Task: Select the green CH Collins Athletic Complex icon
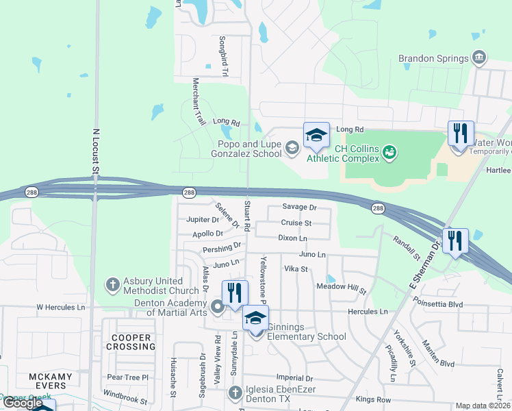[389, 151]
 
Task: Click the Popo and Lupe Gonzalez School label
[249, 149]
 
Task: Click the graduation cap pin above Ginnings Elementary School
[256, 317]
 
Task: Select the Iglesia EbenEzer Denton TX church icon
[235, 393]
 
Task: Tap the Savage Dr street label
[299, 207]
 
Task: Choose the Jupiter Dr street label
[203, 220]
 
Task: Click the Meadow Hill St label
[342, 288]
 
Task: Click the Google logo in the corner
[23, 403]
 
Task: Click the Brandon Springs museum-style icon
[479, 57]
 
